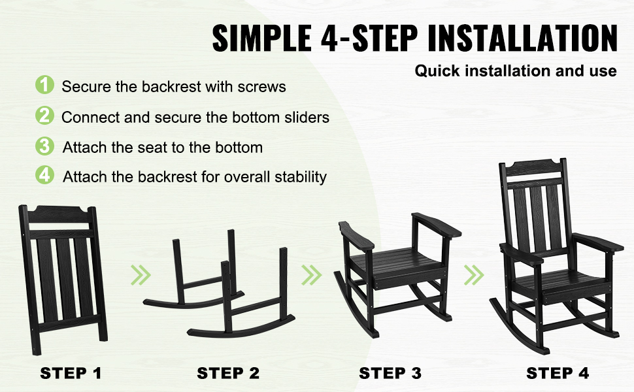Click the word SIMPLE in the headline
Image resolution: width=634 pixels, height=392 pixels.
pos(262,38)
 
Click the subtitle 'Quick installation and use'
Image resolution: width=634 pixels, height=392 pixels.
pos(516,71)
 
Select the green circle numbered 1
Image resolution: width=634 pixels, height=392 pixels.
pos(44,85)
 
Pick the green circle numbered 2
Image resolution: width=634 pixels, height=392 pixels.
pos(44,116)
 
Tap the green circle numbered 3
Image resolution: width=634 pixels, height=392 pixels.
pos(44,146)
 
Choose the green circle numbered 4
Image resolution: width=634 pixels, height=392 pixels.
pos(44,175)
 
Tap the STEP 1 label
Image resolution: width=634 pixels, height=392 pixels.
pos(71,374)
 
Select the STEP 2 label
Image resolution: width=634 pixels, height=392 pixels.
pos(228,374)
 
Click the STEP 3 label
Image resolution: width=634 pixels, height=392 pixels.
pos(390,374)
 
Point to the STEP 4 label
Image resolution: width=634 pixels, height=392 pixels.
pos(558,374)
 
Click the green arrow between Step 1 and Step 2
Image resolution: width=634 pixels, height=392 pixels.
pos(141,275)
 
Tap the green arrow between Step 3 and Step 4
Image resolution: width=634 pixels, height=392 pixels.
pos(474,275)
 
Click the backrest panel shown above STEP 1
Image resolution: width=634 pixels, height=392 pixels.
pos(63,279)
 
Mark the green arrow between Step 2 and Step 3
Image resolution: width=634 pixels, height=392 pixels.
pos(311,275)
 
